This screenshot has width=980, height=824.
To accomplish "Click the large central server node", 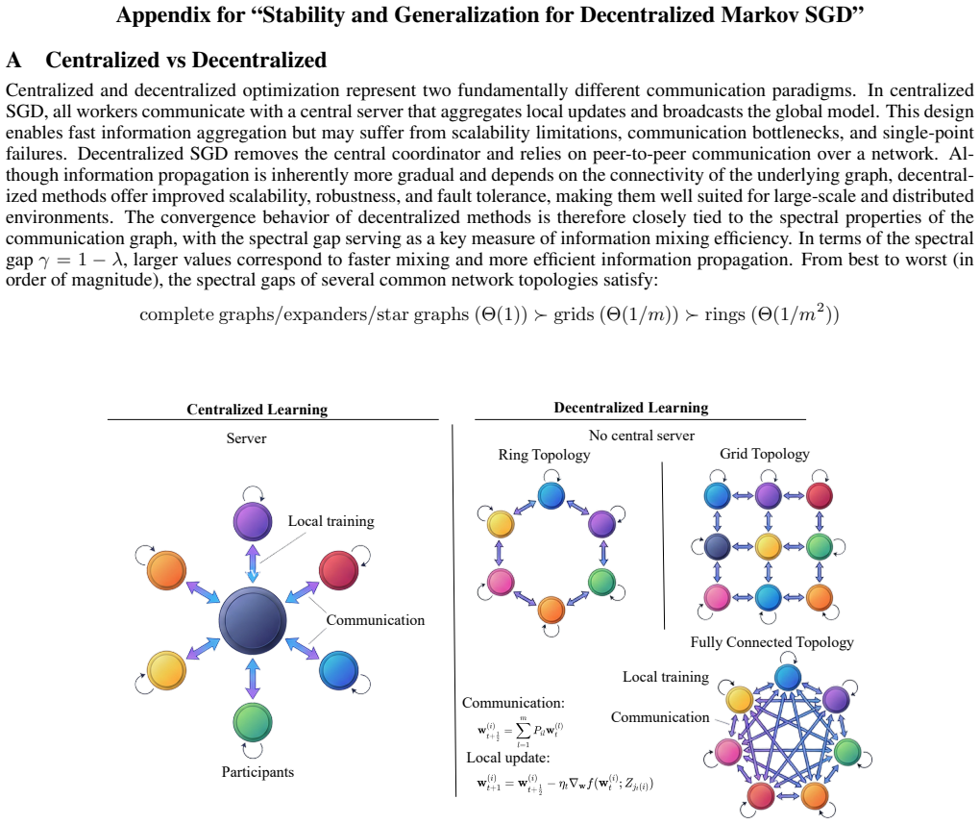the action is pyautogui.click(x=253, y=620).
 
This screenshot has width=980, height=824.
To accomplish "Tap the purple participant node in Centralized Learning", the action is pyautogui.click(x=253, y=521).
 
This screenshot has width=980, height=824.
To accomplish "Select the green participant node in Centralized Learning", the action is pyautogui.click(x=253, y=722).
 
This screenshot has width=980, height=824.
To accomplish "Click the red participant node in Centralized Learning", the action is pyautogui.click(x=339, y=570).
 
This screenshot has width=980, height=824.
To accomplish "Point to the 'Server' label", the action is pyautogui.click(x=246, y=438).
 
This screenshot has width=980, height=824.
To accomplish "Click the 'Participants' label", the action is pyautogui.click(x=257, y=772).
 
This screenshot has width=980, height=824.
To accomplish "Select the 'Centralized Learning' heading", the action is pyautogui.click(x=257, y=410).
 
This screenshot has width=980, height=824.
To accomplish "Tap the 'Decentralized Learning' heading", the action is pyautogui.click(x=631, y=408).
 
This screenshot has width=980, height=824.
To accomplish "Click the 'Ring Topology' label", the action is pyautogui.click(x=544, y=455).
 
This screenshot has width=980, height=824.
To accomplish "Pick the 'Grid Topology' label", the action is pyautogui.click(x=765, y=454).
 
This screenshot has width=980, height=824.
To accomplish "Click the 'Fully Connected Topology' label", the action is pyautogui.click(x=772, y=642).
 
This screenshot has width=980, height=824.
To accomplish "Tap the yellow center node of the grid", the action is pyautogui.click(x=768, y=546).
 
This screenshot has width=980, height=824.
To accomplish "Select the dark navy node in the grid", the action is pyautogui.click(x=718, y=546).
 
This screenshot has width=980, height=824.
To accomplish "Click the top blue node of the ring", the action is pyautogui.click(x=551, y=495).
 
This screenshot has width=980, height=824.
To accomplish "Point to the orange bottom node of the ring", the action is pyautogui.click(x=551, y=610).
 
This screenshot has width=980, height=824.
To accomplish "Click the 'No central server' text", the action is pyautogui.click(x=641, y=436).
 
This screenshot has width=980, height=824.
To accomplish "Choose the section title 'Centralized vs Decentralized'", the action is pyautogui.click(x=185, y=60).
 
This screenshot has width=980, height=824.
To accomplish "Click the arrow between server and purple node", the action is pyautogui.click(x=253, y=563).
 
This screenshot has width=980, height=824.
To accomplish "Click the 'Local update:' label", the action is pyautogui.click(x=508, y=758).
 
